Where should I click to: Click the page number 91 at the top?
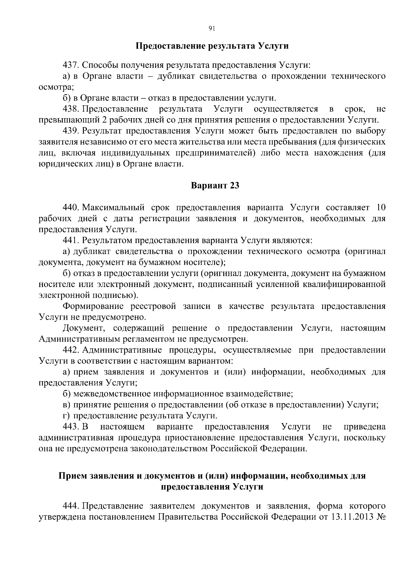pyautogui.click(x=212, y=28)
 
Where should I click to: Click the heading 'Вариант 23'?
pyautogui.click(x=215, y=185)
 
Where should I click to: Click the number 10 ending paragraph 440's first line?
pyautogui.click(x=380, y=207)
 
